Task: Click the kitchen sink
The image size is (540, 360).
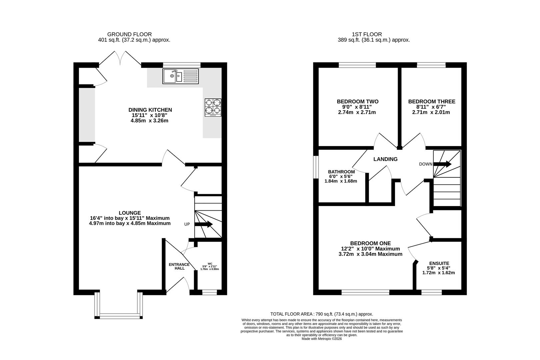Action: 181,76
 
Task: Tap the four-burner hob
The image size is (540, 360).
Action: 213,108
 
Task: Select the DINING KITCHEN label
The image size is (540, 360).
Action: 150,110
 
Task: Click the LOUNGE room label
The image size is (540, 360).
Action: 130,213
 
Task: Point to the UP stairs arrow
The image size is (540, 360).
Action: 203,224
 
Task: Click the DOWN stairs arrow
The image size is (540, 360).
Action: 442,164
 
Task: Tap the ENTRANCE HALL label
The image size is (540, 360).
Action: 179,266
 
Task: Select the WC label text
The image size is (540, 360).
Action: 210,264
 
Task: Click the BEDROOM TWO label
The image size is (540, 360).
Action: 358,102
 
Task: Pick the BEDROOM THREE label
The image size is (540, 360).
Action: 432,102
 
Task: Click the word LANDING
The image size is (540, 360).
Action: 385,159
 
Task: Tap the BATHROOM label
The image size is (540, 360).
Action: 341,172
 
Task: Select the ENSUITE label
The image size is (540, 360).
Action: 439,264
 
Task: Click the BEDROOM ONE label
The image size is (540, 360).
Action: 371,244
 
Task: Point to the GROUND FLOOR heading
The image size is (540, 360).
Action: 129,34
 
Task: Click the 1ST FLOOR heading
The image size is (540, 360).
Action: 367,34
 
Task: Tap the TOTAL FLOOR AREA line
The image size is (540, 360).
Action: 322,314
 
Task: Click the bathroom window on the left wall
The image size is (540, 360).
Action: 316,167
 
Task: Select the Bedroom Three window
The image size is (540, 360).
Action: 431,65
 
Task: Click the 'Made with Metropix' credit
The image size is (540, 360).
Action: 322,339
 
